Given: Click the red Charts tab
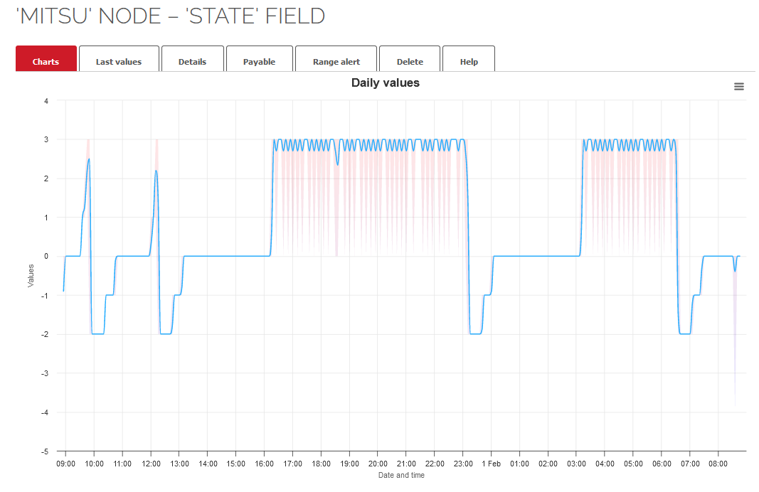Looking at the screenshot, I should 46,61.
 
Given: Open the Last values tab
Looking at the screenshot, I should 119,61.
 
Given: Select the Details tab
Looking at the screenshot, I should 192,61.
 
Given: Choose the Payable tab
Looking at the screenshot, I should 259,61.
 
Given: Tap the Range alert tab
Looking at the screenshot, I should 336,61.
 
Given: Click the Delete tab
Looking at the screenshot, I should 410,61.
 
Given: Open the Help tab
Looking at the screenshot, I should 469,61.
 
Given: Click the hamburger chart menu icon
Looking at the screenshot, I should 739,86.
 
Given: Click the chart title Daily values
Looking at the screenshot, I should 386,83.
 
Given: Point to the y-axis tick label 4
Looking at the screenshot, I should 46,101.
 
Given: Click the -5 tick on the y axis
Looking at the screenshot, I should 44,451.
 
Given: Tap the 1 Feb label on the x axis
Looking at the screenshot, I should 492,464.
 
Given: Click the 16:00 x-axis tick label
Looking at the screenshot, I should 264,464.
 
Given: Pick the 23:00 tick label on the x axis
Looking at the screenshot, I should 462,464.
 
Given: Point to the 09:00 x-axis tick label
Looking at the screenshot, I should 65,464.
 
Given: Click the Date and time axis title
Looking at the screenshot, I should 401,475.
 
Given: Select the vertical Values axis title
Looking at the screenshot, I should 31,276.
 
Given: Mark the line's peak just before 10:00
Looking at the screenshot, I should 89,159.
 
